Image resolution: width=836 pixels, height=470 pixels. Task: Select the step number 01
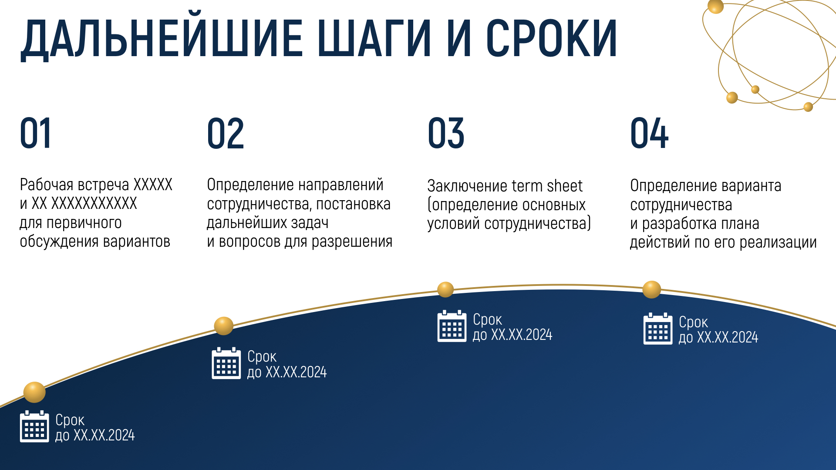coord(36,133)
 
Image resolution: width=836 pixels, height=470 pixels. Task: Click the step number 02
coord(226,133)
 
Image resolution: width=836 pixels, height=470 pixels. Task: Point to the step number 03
coord(446,133)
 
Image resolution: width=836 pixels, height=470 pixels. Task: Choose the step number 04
coord(649,133)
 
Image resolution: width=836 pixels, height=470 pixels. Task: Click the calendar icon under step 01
coord(34,426)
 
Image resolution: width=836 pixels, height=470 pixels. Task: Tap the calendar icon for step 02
coord(226,363)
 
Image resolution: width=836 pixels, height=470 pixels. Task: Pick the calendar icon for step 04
coord(658,329)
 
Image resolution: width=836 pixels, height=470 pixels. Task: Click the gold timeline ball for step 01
coord(34,392)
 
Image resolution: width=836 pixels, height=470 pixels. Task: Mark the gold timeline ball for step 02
coord(224,326)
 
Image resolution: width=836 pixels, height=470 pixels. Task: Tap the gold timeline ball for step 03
coord(445,289)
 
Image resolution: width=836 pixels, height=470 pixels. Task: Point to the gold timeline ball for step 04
coord(652,289)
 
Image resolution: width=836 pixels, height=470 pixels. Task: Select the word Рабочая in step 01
coord(47,185)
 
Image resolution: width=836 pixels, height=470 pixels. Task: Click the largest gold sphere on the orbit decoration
coord(715,6)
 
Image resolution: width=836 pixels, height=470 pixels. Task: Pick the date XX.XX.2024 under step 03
coord(522,335)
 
